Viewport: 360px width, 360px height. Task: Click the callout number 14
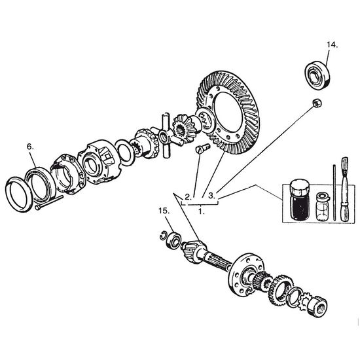332,45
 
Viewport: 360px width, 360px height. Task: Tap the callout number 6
30,147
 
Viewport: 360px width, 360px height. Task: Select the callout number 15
164,211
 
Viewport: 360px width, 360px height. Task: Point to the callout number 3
211,196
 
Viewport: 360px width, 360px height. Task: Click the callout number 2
188,197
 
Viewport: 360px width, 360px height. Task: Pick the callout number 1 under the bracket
202,211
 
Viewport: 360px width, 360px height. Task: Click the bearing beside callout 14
317,75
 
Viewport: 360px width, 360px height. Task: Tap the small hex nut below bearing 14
317,103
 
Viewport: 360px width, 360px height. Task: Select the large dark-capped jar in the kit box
300,199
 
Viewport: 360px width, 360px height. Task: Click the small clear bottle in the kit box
323,207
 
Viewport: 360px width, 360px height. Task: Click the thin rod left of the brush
334,192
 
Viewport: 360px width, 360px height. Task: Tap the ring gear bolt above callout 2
203,148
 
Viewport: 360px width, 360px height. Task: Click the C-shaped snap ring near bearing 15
164,236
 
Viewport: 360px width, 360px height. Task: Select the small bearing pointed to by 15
174,241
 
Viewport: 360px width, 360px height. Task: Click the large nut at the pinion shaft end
317,306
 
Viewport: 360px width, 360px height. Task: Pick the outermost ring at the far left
19,194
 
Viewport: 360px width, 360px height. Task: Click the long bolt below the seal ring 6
49,202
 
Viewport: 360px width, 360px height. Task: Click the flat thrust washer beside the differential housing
125,153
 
